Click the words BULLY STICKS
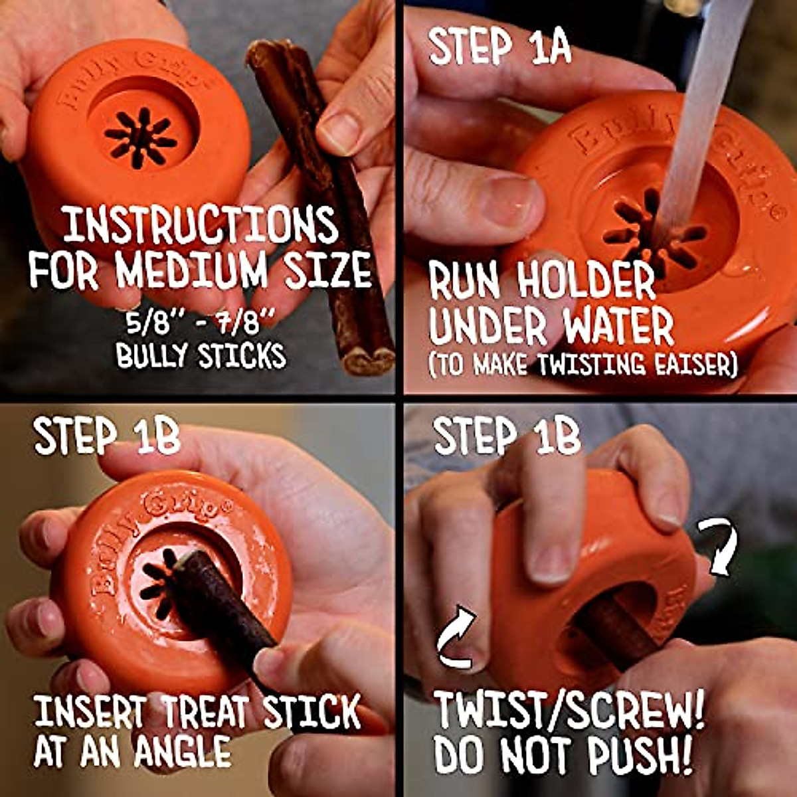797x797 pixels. pos(201,356)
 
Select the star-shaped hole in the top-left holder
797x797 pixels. pos(140,136)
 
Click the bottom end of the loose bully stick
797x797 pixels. pos(363,361)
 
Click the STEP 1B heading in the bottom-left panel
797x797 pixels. pos(106,436)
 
